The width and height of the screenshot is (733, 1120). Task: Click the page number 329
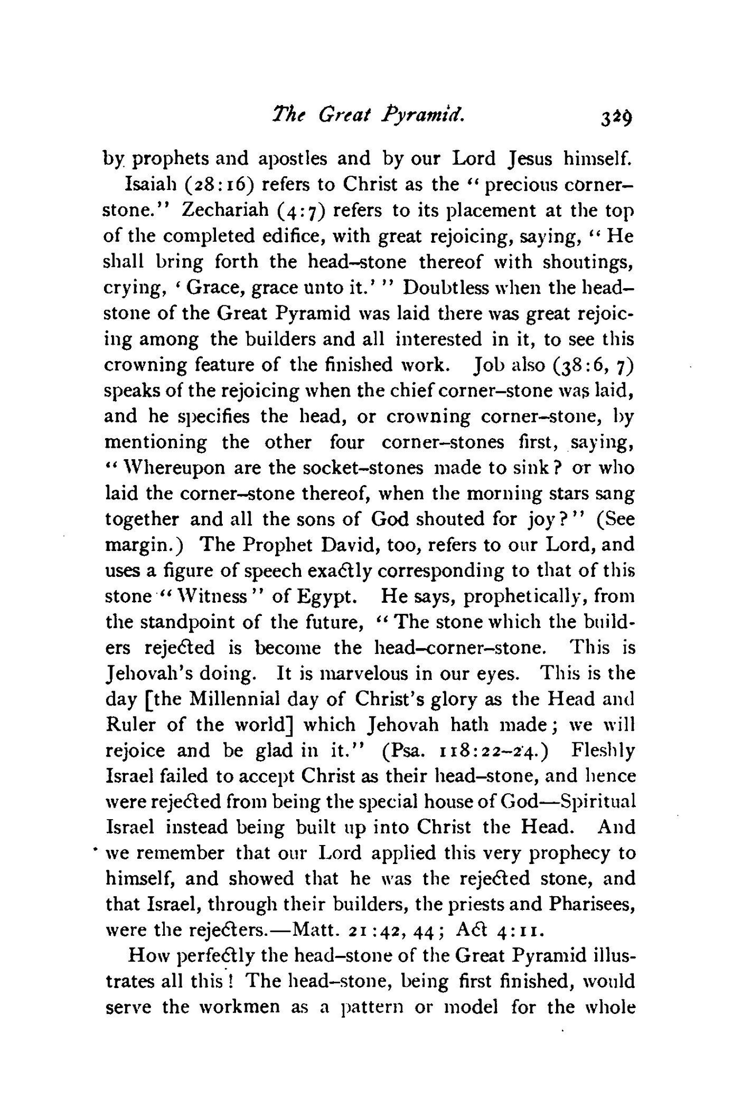click(617, 117)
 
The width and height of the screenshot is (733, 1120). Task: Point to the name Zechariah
click(224, 210)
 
